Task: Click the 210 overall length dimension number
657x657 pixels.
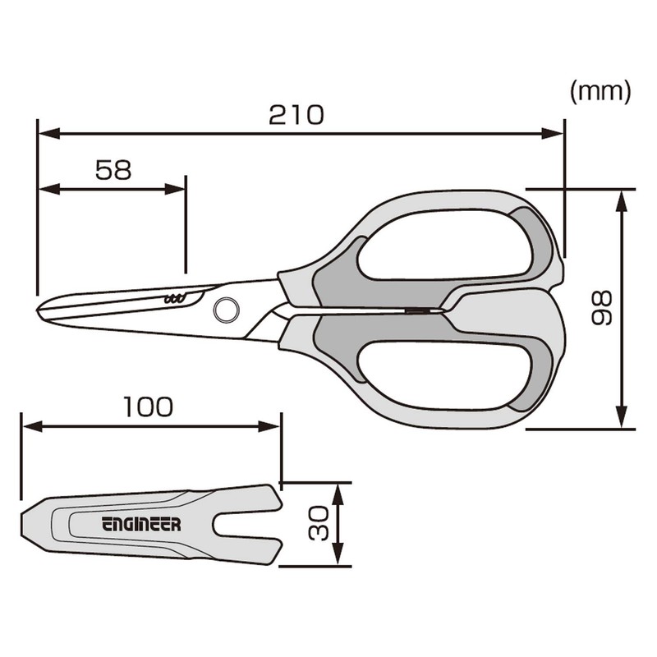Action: click(x=296, y=114)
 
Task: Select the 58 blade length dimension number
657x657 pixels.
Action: click(x=113, y=170)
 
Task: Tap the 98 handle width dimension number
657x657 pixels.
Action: click(x=602, y=308)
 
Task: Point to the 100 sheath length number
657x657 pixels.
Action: click(x=148, y=407)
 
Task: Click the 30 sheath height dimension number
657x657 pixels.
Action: click(x=319, y=523)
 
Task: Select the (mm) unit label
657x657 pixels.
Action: click(x=600, y=91)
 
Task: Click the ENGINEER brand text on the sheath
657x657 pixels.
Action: click(x=141, y=524)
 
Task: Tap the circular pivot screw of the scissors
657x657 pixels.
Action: click(x=225, y=309)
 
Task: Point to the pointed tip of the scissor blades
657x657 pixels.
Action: click(x=41, y=310)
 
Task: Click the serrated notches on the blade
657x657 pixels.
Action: click(x=174, y=298)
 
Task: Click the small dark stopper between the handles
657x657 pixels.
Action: click(x=418, y=310)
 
